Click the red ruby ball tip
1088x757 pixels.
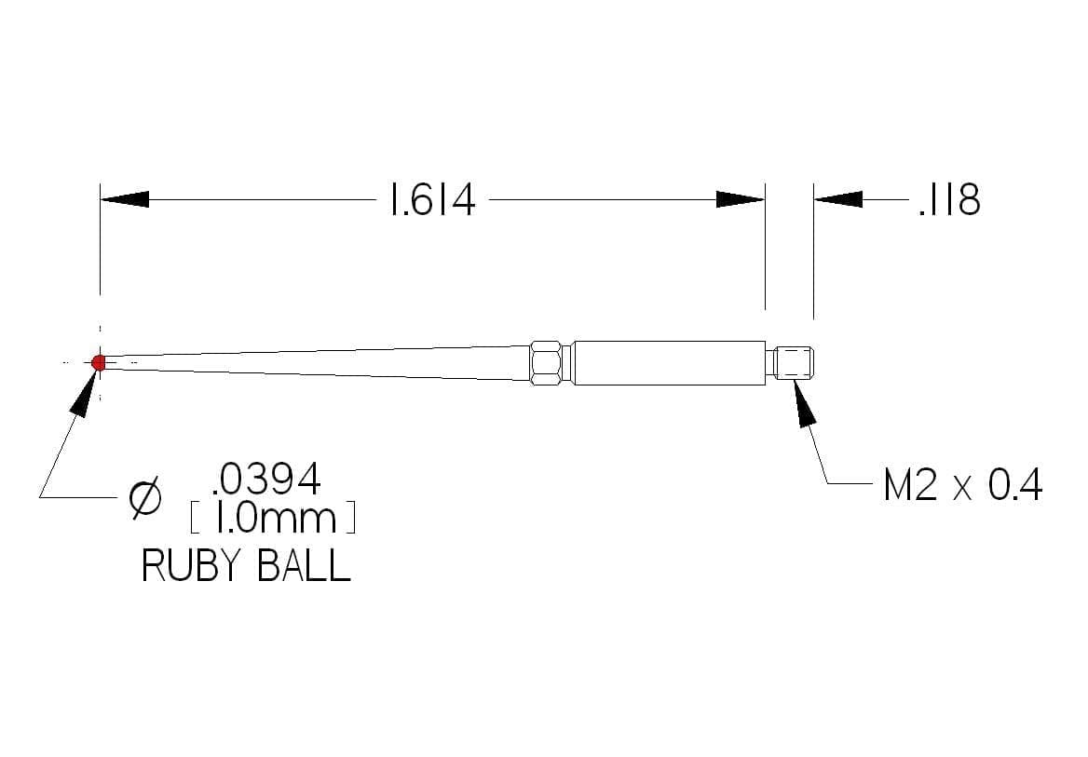99,362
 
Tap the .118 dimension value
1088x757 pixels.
949,200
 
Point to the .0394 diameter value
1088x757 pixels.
266,479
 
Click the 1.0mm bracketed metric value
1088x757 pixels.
273,518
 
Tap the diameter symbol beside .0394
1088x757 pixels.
145,497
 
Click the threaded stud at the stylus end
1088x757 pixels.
793,363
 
